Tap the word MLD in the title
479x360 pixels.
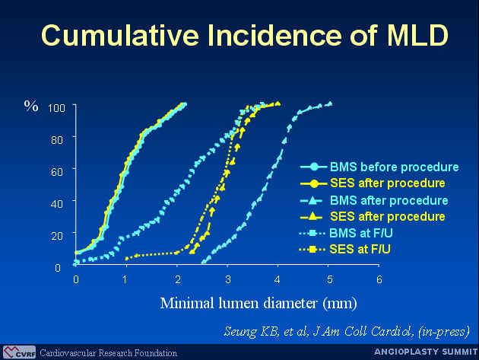pyautogui.click(x=417, y=35)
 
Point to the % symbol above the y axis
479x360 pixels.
pyautogui.click(x=31, y=106)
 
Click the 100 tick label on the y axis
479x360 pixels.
pyautogui.click(x=56, y=108)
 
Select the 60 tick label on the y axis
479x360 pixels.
pyautogui.click(x=57, y=172)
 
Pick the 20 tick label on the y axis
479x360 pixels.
pyautogui.click(x=57, y=236)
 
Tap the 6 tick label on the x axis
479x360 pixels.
pyautogui.click(x=379, y=279)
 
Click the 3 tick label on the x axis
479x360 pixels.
pyautogui.click(x=227, y=279)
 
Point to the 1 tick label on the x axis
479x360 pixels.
pyautogui.click(x=125, y=279)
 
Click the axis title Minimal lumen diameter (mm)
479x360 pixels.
pyautogui.click(x=259, y=304)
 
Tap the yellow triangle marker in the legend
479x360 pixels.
pyautogui.click(x=312, y=217)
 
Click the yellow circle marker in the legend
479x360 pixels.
pyautogui.click(x=314, y=183)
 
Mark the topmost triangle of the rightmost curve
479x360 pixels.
pyautogui.click(x=330, y=104)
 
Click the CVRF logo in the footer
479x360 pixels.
pyautogui.click(x=19, y=352)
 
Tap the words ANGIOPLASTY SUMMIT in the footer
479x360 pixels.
pyautogui.click(x=426, y=352)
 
